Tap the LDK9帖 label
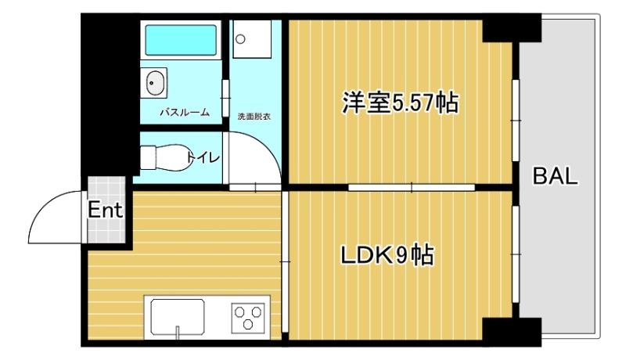[x=387, y=255]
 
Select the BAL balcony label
[x=555, y=176]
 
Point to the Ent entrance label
[x=104, y=211]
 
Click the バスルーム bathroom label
[x=185, y=113]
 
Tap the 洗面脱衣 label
[x=254, y=117]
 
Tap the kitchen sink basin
[x=178, y=317]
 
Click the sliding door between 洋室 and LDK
[x=411, y=187]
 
